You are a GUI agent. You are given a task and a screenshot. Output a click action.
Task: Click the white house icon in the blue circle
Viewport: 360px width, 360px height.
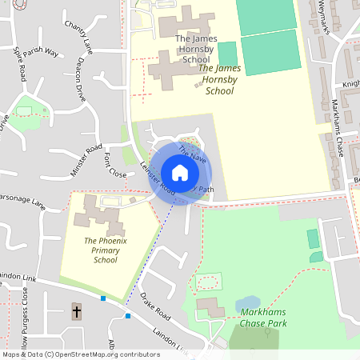[x=179, y=173]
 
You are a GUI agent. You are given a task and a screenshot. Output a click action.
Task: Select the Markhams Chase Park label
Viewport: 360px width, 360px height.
[x=262, y=318]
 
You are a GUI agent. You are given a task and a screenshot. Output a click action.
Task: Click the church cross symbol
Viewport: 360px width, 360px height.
[x=77, y=311]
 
